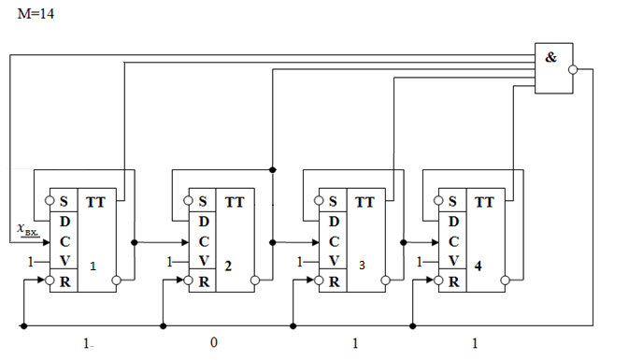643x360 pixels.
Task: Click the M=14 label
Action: [36, 14]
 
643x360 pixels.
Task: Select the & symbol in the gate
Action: [550, 57]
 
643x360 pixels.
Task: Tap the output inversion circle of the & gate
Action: [573, 70]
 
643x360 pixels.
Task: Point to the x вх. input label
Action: [28, 229]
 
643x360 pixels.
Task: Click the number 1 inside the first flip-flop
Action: [93, 266]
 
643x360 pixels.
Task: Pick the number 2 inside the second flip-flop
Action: [228, 266]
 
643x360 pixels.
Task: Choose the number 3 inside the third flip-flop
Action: [362, 266]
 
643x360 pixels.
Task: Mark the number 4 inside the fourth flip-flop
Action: [478, 266]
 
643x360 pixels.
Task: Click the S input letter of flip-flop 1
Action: [64, 201]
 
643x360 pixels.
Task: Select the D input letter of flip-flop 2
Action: [204, 222]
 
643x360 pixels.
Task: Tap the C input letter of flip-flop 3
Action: [334, 242]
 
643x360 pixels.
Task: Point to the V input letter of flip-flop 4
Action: [453, 261]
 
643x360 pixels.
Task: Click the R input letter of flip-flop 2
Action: [204, 281]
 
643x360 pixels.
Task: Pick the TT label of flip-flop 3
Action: [364, 202]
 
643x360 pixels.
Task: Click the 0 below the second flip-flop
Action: [214, 342]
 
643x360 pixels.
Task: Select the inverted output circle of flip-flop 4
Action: [506, 281]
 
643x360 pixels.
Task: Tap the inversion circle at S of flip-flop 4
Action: [438, 201]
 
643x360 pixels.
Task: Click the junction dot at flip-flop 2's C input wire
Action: [134, 242]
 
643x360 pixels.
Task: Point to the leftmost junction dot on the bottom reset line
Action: [23, 326]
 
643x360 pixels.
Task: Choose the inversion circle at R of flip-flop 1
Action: [50, 281]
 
